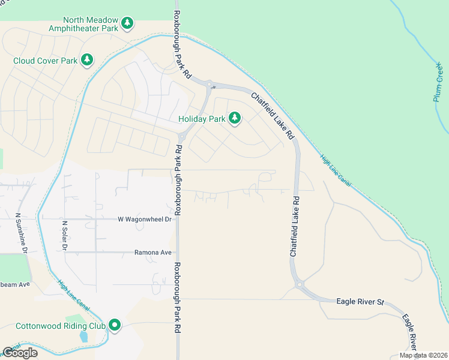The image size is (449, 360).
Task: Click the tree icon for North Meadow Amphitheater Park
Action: point(127,23)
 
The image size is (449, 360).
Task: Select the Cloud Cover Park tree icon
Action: point(88,59)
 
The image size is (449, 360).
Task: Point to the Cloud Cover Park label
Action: point(46,60)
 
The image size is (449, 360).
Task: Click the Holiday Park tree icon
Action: point(235,118)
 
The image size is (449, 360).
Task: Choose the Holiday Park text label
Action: point(202,119)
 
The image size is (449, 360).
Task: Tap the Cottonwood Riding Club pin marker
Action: point(114,325)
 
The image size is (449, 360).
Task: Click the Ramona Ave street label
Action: point(153,253)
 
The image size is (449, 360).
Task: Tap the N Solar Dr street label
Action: point(64,235)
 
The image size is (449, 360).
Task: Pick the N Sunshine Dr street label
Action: point(21,233)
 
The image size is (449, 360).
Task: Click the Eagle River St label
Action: point(360,301)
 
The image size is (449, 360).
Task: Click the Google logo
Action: point(20,353)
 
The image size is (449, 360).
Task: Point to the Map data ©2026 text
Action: point(423,355)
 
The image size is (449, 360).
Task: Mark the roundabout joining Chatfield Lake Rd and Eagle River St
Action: point(300,284)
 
